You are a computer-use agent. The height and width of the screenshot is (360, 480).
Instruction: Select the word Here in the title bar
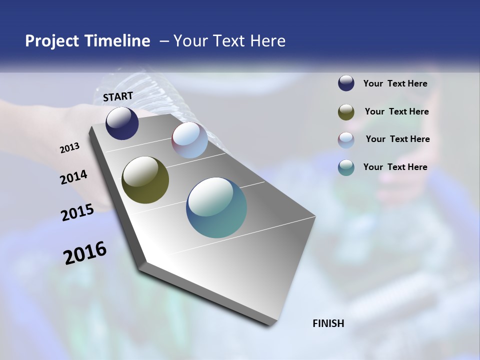tap(268, 41)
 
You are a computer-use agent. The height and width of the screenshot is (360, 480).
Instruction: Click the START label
tap(118, 96)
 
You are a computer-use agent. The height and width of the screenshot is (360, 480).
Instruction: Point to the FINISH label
tap(328, 323)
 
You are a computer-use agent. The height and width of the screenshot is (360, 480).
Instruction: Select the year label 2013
tap(69, 148)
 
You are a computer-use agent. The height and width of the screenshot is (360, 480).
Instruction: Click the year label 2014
tap(73, 177)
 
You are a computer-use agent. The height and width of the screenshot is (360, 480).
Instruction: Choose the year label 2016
tap(85, 253)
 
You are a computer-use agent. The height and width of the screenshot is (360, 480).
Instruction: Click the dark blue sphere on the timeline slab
tap(122, 123)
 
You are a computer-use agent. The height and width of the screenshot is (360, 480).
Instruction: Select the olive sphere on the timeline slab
tap(145, 180)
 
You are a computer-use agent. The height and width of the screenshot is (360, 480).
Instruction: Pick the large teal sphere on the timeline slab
tap(216, 207)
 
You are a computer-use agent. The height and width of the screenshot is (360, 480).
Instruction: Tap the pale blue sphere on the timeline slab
tap(189, 140)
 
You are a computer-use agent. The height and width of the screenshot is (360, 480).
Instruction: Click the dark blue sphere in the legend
tap(346, 83)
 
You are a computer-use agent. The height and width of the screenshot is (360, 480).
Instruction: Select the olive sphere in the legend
tap(346, 112)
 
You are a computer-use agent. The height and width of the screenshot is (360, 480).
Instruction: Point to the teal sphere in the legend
tap(346, 167)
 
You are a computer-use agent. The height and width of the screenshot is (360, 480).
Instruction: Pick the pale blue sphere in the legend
tap(346, 140)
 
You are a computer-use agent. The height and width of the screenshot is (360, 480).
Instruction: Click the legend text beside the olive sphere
tap(396, 111)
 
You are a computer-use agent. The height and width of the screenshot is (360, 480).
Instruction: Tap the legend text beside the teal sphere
tap(395, 167)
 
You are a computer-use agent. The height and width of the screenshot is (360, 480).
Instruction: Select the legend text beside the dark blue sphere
tap(395, 83)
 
